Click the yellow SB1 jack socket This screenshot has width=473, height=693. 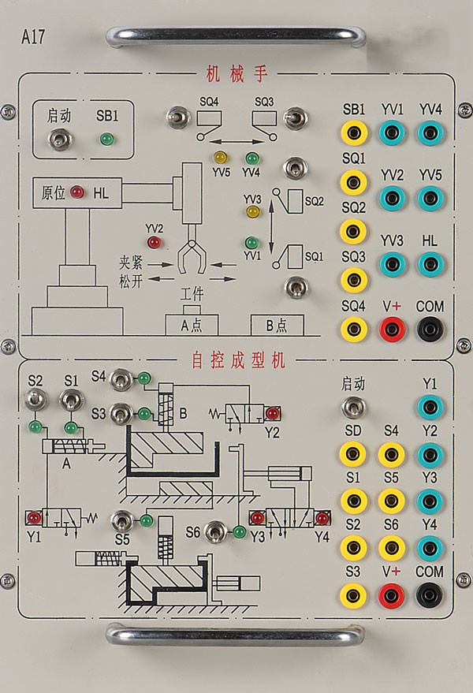354,132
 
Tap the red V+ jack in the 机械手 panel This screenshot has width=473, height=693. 391,329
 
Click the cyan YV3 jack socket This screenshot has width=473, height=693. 392,264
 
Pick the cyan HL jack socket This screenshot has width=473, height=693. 430,264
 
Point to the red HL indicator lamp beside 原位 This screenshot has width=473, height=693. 77,192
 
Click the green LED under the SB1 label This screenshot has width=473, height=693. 106,140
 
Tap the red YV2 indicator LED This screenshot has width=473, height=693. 154,242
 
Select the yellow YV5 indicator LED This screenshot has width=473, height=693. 220,157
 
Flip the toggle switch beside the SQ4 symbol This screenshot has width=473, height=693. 178,117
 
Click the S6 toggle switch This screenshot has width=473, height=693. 216,531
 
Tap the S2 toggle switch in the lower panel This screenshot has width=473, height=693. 35,400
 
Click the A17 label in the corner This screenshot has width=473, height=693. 33,36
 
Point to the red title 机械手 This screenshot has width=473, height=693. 237,74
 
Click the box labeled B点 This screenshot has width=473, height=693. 277,326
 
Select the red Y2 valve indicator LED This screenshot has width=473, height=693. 273,414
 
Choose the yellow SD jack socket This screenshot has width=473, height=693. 352,454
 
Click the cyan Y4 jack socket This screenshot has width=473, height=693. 430,548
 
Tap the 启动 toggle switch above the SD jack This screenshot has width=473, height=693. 354,408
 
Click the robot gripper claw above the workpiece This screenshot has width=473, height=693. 192,256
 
